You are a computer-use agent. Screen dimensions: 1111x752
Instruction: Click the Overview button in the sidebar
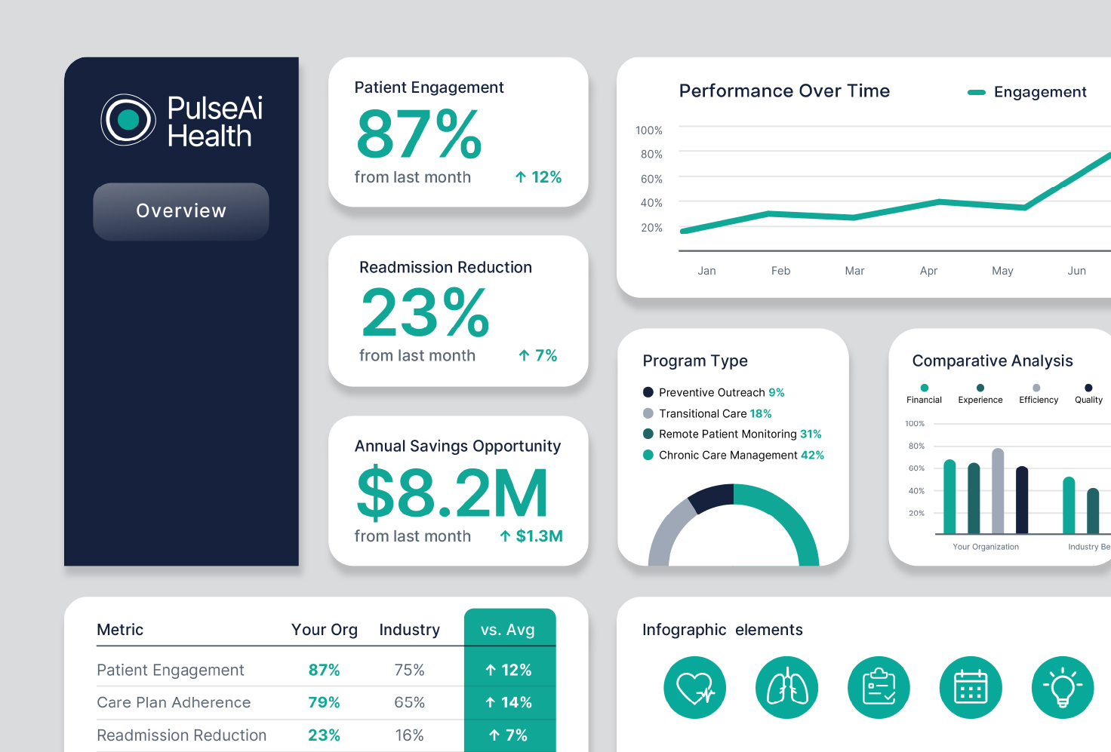(x=181, y=211)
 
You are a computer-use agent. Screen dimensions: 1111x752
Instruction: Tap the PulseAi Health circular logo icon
(x=128, y=119)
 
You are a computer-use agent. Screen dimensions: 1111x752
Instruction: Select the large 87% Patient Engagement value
(x=419, y=134)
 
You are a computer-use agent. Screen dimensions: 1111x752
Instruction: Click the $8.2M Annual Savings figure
(x=452, y=493)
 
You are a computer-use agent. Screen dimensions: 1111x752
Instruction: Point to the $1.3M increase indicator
(x=531, y=536)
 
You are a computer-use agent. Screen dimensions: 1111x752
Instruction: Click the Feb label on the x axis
(x=780, y=271)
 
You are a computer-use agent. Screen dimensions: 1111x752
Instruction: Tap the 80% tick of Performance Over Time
(x=651, y=154)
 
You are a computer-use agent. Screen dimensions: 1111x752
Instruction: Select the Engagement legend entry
(x=1026, y=92)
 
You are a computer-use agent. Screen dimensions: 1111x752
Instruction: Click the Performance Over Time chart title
(x=784, y=91)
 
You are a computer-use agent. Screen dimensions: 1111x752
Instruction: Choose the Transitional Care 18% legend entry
(x=707, y=413)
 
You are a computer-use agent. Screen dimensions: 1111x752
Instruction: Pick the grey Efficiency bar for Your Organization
(x=998, y=491)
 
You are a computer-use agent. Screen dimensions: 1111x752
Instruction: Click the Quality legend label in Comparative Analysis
(x=1088, y=400)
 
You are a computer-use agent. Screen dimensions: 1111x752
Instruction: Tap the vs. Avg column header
(x=508, y=630)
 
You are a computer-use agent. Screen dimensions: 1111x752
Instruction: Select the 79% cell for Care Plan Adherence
(x=324, y=702)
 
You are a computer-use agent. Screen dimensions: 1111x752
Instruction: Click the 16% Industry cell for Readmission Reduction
(x=409, y=735)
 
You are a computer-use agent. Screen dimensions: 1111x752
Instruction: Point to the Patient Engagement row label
(x=170, y=671)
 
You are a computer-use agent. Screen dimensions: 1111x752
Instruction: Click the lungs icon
(x=787, y=688)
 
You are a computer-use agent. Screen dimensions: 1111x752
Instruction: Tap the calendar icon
(x=971, y=688)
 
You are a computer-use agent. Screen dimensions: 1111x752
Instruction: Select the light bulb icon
(x=1063, y=688)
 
